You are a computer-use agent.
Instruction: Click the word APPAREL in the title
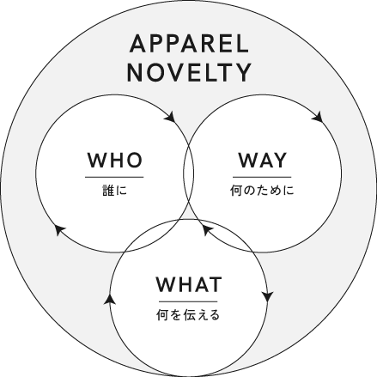click(x=189, y=44)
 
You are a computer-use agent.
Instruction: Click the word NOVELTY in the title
click(x=189, y=72)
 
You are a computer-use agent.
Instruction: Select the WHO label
click(x=114, y=160)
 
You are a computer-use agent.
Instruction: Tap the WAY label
click(x=262, y=160)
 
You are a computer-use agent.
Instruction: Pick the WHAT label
click(x=189, y=284)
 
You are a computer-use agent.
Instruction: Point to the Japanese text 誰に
click(x=114, y=191)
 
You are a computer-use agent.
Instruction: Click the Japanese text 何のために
click(x=262, y=191)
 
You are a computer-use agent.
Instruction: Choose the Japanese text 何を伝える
click(x=188, y=315)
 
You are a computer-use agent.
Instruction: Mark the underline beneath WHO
click(x=114, y=177)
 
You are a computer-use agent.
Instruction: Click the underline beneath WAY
click(x=262, y=177)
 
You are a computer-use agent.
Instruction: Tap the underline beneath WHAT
click(x=188, y=301)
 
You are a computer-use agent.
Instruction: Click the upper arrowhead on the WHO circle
click(x=170, y=117)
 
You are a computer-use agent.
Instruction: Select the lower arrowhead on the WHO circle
click(x=60, y=229)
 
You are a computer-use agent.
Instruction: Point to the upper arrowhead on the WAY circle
click(x=318, y=117)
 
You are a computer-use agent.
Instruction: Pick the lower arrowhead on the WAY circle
click(x=208, y=229)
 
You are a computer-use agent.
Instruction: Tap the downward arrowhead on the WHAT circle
click(x=268, y=296)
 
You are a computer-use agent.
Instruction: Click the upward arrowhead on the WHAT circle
click(x=110, y=300)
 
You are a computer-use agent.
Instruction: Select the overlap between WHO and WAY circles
click(x=189, y=173)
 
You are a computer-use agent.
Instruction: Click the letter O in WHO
click(x=134, y=160)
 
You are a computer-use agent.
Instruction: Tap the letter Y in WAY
click(x=279, y=160)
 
